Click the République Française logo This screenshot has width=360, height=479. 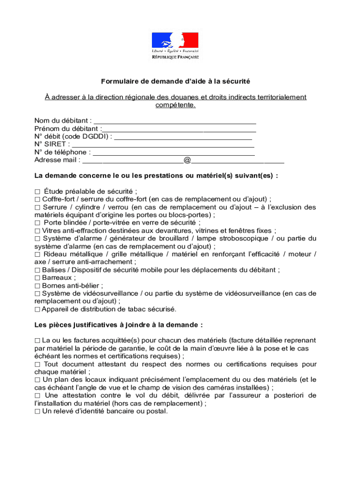tap(175, 45)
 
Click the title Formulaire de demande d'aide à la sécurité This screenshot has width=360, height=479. tap(175, 81)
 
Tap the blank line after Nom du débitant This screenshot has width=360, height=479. tap(174, 121)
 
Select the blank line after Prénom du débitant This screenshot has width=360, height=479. tap(179, 129)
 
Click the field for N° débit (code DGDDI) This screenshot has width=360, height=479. tap(183, 137)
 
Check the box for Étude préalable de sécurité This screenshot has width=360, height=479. tap(37, 191)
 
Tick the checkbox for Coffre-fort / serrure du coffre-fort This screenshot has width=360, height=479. tap(37, 199)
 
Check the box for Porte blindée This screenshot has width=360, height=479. tap(37, 223)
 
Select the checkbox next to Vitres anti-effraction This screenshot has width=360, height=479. tap(37, 231)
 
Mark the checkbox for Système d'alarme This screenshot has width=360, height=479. tap(37, 239)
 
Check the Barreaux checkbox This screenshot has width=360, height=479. tap(37, 278)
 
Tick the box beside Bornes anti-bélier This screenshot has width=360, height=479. tap(37, 286)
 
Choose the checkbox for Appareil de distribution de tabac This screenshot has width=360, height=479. tap(37, 310)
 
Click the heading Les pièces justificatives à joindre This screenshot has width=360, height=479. tap(119, 325)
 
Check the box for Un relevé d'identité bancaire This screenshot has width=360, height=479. tap(37, 412)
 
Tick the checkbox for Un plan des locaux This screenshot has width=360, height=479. tap(37, 380)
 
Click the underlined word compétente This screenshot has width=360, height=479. tap(175, 105)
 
